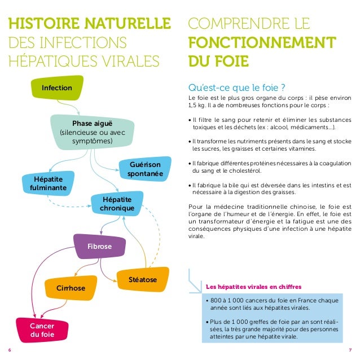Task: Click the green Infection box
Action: tap(57, 89)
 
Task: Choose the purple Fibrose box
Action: tap(99, 247)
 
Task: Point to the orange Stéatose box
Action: tap(142, 280)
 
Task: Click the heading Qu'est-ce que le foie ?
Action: tap(235, 88)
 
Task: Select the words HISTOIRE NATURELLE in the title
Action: tap(90, 24)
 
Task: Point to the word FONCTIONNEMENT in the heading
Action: tap(260, 43)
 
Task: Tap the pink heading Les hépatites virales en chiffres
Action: tap(245, 286)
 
